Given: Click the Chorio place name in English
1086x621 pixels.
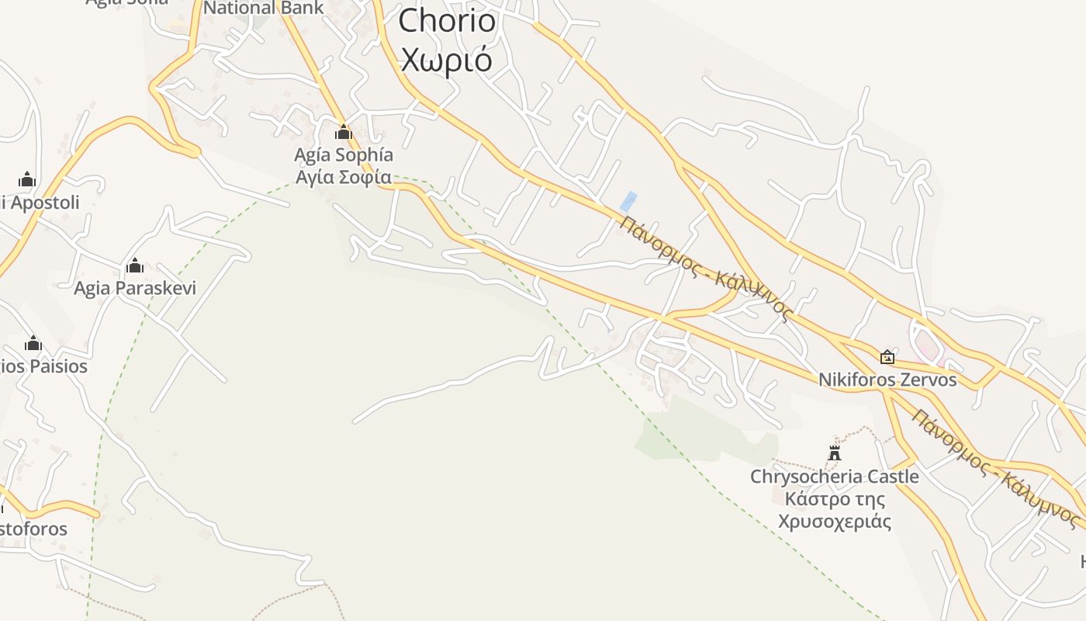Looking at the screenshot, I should coord(447,21).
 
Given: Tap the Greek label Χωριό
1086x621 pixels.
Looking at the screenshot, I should coord(447,59).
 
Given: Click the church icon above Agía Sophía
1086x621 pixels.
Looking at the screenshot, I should coord(344,132).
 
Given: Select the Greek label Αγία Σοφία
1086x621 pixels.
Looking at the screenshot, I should coord(343,177).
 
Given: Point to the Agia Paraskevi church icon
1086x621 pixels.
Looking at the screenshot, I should coord(135,266).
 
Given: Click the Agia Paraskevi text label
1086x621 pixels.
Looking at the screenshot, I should coord(135,289).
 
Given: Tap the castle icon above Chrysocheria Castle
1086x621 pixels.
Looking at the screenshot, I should coord(835,453).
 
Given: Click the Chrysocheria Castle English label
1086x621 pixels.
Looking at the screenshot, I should coord(835,476).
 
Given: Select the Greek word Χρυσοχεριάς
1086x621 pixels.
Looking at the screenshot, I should coord(835,521).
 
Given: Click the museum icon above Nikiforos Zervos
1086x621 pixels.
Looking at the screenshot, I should coord(887,357).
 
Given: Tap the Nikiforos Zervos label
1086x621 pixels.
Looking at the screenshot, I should coord(887,380).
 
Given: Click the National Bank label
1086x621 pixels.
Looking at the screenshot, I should coord(264,9).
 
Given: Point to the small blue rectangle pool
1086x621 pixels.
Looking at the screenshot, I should coord(628,201).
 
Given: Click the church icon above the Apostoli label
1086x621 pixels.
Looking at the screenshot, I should coord(27,179).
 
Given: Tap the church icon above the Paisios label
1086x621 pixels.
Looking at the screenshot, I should coord(33,343).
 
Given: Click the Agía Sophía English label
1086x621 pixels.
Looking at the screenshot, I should coord(343,154).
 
